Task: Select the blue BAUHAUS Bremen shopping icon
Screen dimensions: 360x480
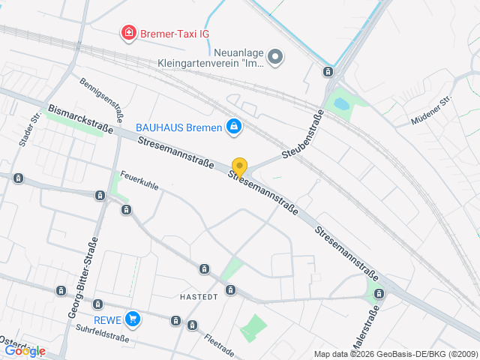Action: (234, 127)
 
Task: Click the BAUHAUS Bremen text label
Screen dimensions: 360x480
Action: (179, 127)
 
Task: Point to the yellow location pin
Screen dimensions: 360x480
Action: (239, 167)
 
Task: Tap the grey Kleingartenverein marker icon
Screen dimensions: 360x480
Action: (275, 56)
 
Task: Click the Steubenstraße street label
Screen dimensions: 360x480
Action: (303, 133)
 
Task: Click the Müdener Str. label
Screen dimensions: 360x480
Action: (431, 111)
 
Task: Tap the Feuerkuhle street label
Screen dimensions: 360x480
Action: (139, 180)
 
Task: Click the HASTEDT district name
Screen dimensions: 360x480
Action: (199, 297)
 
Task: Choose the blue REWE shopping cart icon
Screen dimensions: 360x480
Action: (133, 319)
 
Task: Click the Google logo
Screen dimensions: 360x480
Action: (25, 350)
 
